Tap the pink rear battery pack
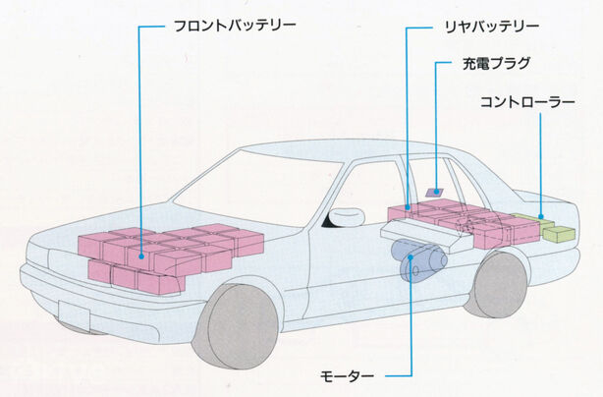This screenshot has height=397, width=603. (462, 222)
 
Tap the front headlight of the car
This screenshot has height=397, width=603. (44, 257)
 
